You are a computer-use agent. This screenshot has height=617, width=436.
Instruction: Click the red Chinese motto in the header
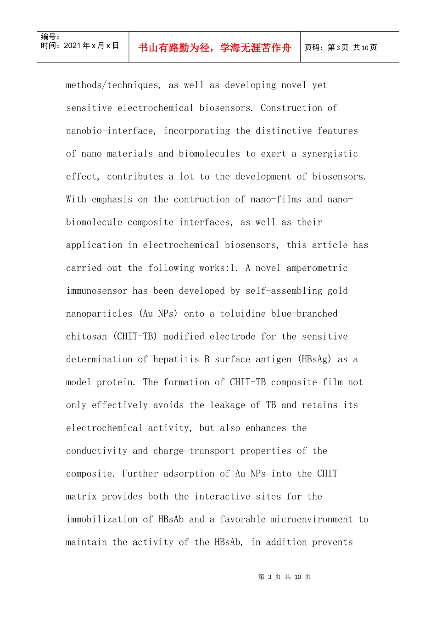pyautogui.click(x=214, y=48)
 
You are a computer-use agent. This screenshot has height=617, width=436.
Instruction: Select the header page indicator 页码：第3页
pyautogui.click(x=326, y=48)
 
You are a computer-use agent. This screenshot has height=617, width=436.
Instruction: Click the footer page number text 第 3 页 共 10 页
pyautogui.click(x=285, y=577)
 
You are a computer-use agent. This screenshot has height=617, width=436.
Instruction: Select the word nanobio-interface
pyautogui.click(x=111, y=131)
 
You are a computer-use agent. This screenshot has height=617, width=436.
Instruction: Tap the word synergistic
pyautogui.click(x=330, y=154)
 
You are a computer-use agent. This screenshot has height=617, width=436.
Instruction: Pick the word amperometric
pyautogui.click(x=317, y=268)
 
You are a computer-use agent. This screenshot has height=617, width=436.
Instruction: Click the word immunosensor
pyautogui.click(x=97, y=291)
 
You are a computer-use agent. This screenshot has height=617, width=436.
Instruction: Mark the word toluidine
pyautogui.click(x=243, y=314)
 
